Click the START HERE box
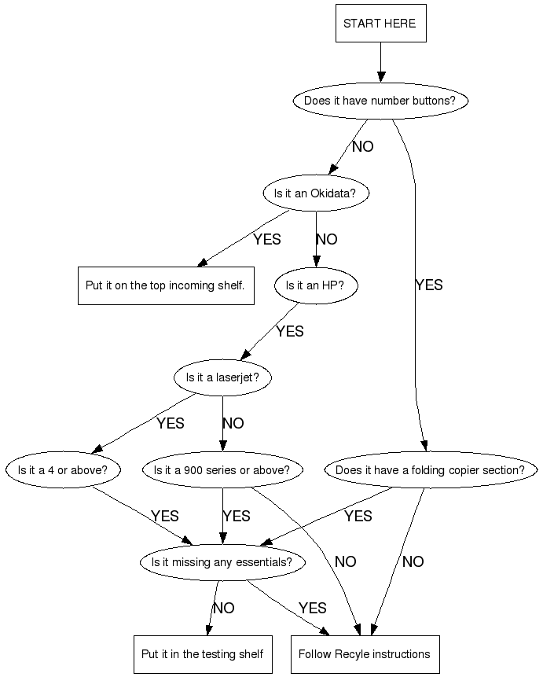(380, 24)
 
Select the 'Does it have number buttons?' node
(380, 101)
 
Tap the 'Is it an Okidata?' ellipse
(315, 193)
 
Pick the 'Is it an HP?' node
(315, 286)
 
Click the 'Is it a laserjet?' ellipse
(222, 378)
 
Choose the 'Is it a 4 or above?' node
(63, 470)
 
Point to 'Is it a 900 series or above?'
(222, 470)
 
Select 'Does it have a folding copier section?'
(430, 470)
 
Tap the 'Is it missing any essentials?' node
(222, 562)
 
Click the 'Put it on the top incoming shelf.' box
(165, 285)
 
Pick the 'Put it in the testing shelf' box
(202, 654)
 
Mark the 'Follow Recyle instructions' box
(364, 654)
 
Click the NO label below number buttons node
(362, 147)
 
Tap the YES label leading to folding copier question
(428, 285)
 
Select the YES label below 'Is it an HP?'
(289, 332)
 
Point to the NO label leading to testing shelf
(223, 609)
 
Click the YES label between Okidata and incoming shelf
(266, 240)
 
